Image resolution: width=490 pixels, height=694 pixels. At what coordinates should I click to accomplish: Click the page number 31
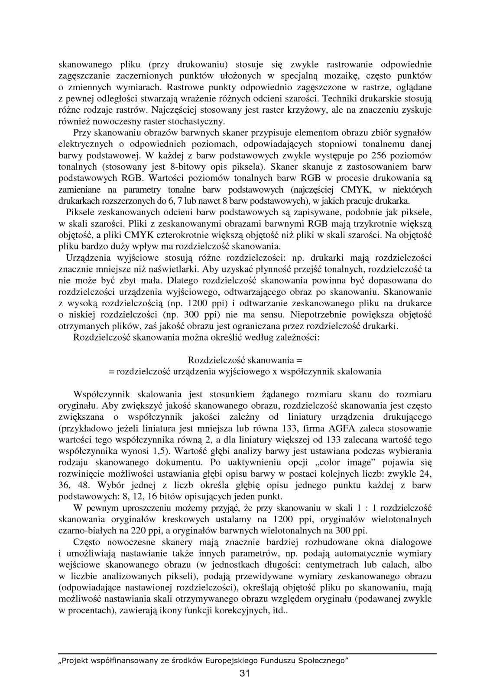click(244, 673)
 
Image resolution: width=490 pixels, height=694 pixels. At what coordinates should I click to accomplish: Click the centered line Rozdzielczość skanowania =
click(245, 360)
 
